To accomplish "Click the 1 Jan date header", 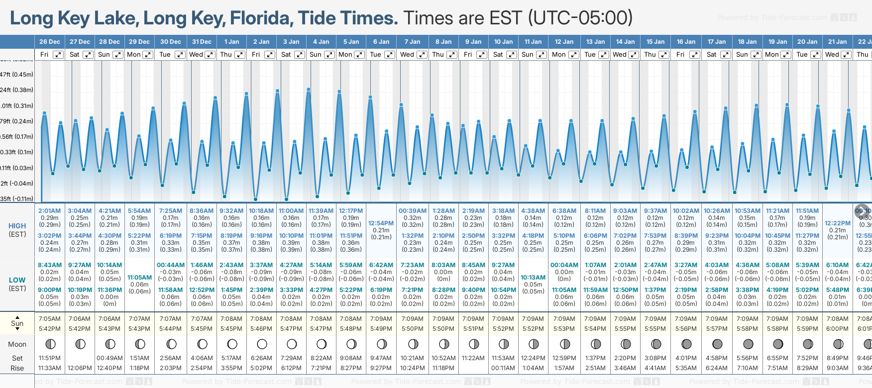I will click(x=231, y=42).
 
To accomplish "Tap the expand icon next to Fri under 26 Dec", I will click(x=58, y=55).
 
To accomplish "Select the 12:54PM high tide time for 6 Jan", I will click(x=381, y=223).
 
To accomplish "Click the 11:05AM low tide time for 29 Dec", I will click(x=139, y=278).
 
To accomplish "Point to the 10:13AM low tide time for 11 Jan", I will click(x=533, y=278).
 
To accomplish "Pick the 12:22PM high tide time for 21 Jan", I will click(x=838, y=223).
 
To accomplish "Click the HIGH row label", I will click(x=17, y=226).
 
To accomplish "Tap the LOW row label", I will click(x=17, y=280).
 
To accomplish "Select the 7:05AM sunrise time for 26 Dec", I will click(x=50, y=319).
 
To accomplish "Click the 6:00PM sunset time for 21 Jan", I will click(x=838, y=329).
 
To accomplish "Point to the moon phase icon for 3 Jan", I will click(x=292, y=344).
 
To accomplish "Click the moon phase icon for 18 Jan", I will click(x=748, y=344).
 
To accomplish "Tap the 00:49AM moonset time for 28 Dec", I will click(x=109, y=358).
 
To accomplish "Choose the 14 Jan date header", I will click(x=626, y=42).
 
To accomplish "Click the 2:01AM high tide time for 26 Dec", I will click(x=50, y=211).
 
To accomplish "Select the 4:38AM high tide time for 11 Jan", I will click(x=533, y=211).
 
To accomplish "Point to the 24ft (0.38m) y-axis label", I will click(x=17, y=90).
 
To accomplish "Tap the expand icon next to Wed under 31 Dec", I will click(x=210, y=55).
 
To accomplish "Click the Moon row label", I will click(x=17, y=344).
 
